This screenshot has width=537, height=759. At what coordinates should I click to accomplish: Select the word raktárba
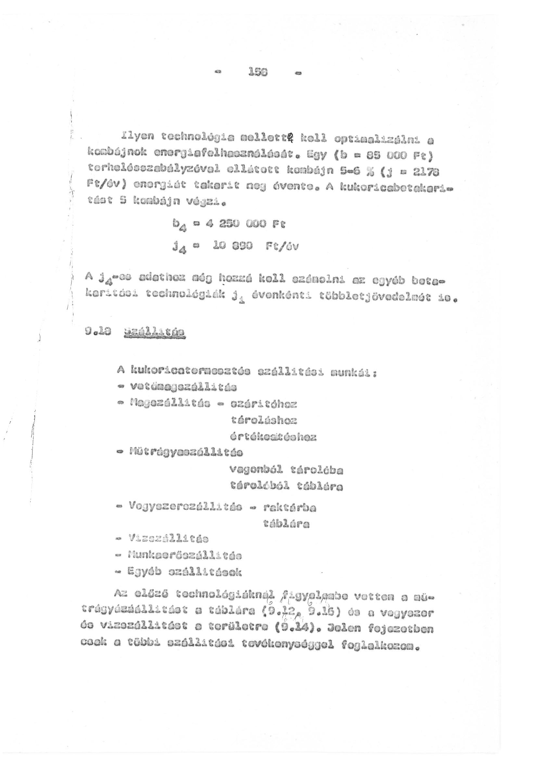tap(289, 507)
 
